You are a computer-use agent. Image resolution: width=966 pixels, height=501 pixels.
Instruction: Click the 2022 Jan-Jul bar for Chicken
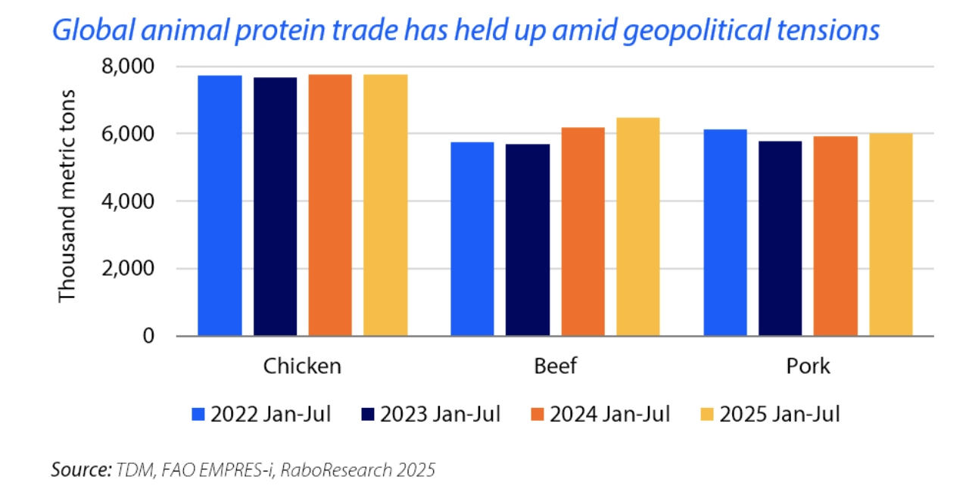pyautogui.click(x=220, y=205)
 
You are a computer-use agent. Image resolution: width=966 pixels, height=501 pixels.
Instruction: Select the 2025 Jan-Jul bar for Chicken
pyautogui.click(x=385, y=205)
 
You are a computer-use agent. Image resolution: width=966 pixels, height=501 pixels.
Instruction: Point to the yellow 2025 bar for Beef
pyautogui.click(x=637, y=226)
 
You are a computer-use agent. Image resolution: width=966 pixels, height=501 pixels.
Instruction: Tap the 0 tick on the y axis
pyautogui.click(x=148, y=335)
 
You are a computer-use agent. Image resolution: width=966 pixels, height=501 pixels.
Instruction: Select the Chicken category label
pyautogui.click(x=302, y=366)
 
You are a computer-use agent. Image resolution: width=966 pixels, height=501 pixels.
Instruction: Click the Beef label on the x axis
pyautogui.click(x=555, y=366)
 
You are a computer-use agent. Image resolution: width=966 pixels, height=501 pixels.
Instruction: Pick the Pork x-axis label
pyautogui.click(x=808, y=366)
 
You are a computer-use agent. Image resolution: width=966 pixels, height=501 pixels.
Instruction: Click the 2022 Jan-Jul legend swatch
pyautogui.click(x=198, y=414)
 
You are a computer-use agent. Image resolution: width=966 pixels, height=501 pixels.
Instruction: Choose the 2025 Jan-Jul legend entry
pyautogui.click(x=771, y=414)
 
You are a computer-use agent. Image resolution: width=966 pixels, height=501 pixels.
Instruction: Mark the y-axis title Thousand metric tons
pyautogui.click(x=68, y=195)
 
